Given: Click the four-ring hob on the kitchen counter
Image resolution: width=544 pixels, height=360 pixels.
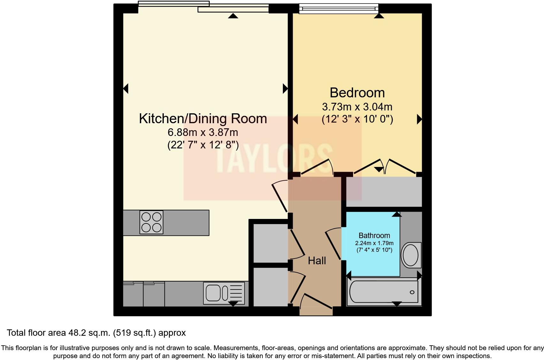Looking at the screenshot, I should tap(151, 222).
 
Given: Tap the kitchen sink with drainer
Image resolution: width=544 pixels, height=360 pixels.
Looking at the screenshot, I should tap(223, 293).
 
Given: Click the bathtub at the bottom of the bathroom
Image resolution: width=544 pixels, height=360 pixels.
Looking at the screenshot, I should tap(383, 292).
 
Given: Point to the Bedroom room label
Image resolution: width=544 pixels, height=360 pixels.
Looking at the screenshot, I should tap(357, 93).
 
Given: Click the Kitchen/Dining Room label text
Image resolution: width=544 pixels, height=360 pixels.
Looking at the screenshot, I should tap(203, 118).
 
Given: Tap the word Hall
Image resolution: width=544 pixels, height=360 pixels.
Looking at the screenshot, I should tap(317, 261).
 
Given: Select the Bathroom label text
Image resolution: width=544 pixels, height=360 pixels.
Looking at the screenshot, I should tap(374, 236).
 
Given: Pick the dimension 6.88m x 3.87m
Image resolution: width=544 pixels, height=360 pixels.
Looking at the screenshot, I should tap(203, 132).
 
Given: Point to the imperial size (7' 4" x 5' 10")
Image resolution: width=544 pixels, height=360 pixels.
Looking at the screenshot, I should tap(374, 250).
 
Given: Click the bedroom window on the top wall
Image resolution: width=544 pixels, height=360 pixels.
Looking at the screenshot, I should tap(338, 9).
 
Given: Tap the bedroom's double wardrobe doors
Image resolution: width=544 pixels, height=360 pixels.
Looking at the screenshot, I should tap(385, 167).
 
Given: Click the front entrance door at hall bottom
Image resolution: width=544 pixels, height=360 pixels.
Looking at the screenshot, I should tap(316, 302).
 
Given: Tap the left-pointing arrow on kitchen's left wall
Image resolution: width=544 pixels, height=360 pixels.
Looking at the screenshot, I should tap(126, 88).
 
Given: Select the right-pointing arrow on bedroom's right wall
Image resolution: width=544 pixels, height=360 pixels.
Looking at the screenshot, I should tap(419, 119).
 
